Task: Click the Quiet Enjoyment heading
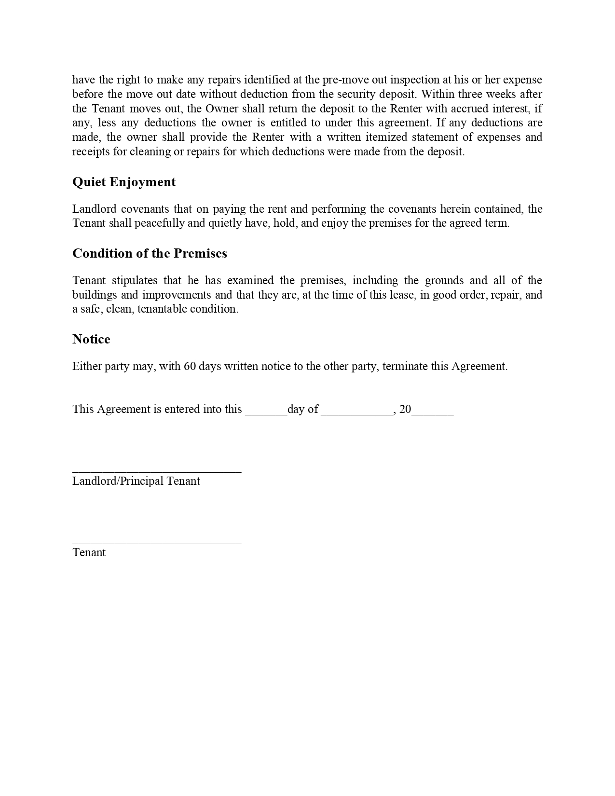124,182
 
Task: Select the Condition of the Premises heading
150,253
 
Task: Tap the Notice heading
91,339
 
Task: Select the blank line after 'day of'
357,413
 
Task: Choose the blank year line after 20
432,413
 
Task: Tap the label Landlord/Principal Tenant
136,481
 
